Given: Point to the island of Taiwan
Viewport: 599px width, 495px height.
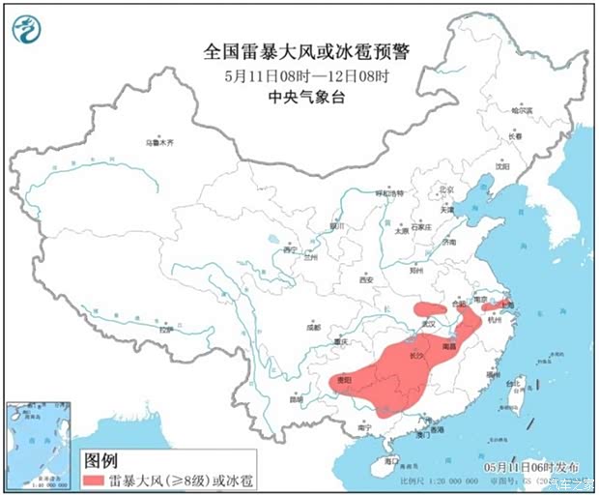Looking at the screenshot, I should [510, 399].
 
